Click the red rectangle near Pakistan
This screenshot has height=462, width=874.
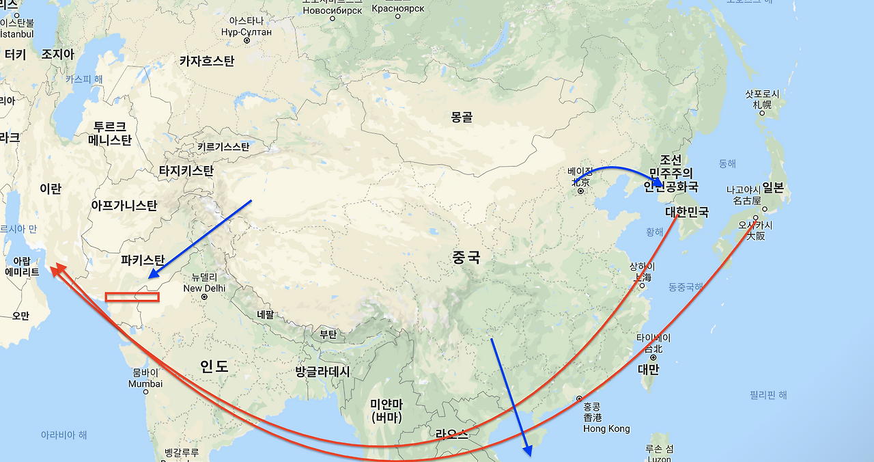point(132,297)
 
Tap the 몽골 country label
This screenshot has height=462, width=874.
point(462,117)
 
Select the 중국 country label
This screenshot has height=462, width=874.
point(466,258)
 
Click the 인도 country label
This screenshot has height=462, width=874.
point(214,366)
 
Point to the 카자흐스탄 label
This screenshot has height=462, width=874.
point(206,61)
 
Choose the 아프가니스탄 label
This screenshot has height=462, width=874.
point(124,205)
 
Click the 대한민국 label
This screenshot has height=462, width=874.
point(687,212)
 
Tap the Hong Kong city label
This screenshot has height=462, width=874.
point(606,429)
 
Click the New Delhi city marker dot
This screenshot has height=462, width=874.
point(204,298)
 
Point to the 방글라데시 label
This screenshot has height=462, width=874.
point(322,372)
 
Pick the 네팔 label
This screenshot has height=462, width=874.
point(266,315)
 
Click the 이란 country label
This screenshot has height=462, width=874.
point(51,189)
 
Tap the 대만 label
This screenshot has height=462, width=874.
point(648,370)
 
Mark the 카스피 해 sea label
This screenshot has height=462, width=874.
point(84,79)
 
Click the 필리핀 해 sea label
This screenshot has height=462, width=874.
point(768,395)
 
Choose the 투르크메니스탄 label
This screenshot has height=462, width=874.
point(110,134)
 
